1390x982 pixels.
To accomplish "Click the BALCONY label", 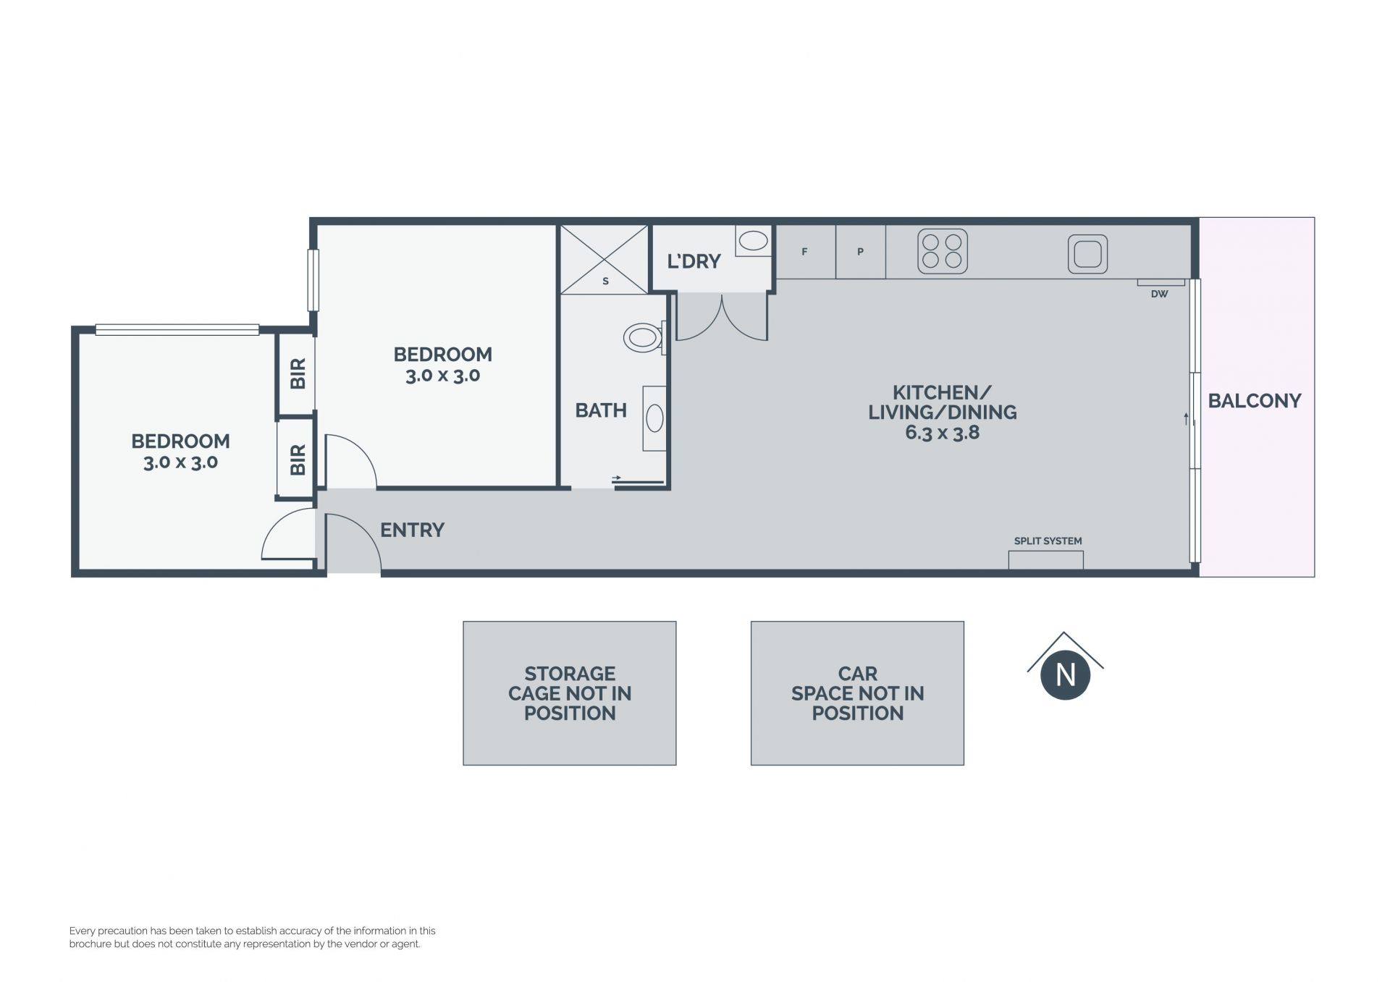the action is (1254, 400).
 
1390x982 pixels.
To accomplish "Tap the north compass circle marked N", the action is (1065, 675).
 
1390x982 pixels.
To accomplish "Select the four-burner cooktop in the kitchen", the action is (943, 251).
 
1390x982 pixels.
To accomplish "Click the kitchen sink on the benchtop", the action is (1087, 253).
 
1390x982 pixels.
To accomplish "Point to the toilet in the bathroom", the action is (643, 337).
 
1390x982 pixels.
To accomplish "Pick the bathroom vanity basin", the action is (654, 418).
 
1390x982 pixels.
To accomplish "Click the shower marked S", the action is (605, 260).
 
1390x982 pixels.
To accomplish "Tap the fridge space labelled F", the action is (805, 252).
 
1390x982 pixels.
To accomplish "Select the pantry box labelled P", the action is (861, 252).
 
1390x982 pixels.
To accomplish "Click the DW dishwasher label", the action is (1159, 294).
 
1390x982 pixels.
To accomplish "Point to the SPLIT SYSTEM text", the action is (1048, 541).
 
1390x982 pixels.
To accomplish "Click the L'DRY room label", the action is (694, 261).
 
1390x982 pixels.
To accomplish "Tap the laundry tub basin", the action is (754, 241).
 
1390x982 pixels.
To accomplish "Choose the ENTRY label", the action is (412, 530).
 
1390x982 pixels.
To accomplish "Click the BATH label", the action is (601, 410).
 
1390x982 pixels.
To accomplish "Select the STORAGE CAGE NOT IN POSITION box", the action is (570, 693).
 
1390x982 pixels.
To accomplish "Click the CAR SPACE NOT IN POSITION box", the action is (857, 693).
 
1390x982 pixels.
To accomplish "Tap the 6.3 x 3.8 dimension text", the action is (942, 433).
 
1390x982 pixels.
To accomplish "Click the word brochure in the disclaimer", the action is (90, 944).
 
